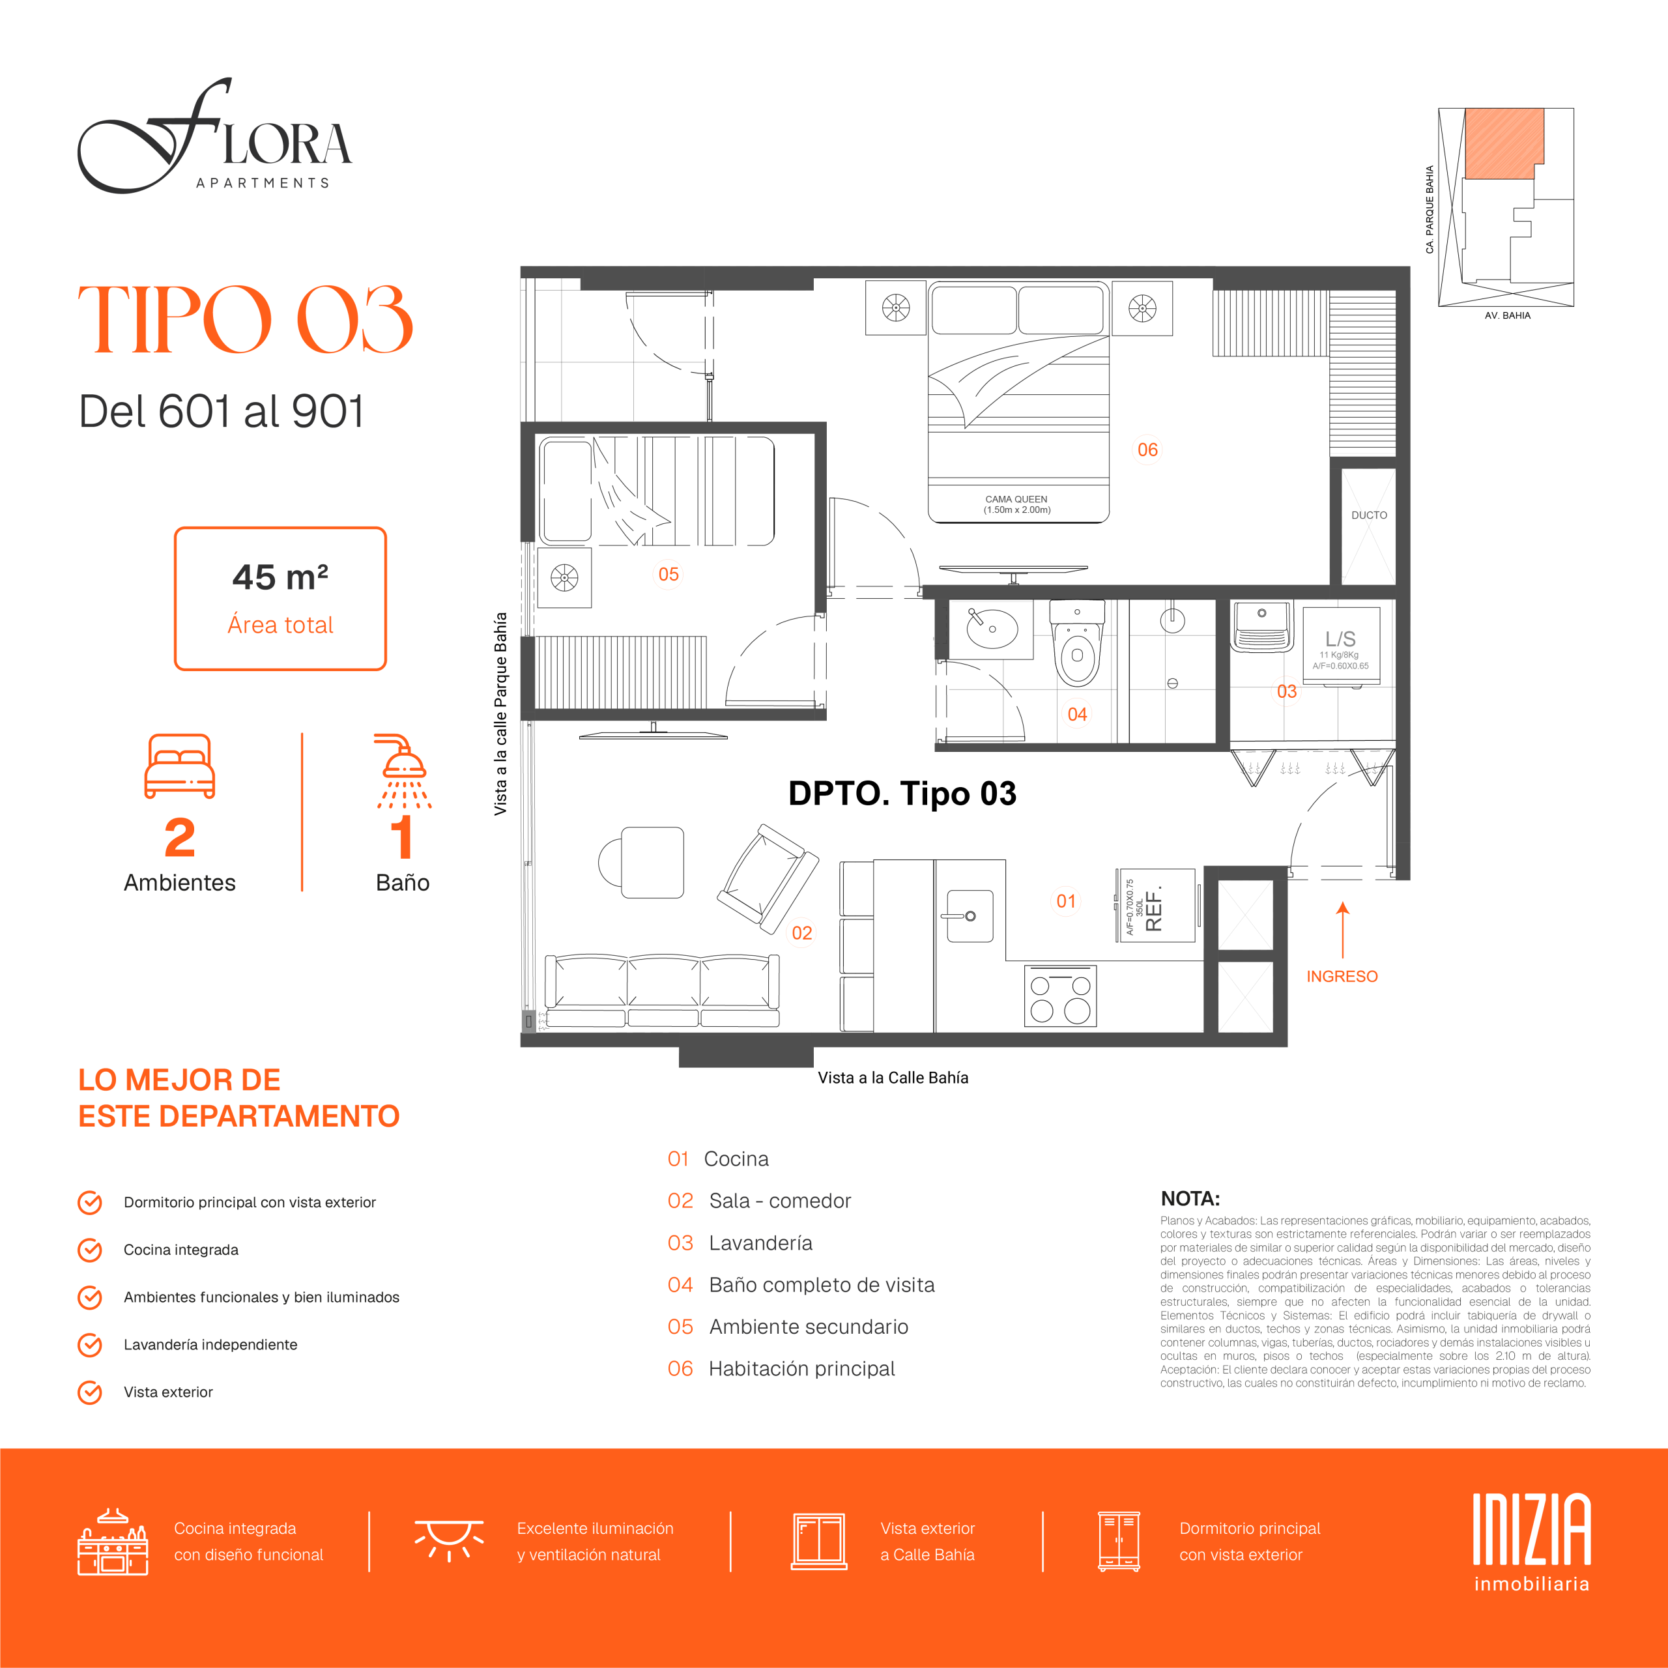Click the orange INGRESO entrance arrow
click(1342, 930)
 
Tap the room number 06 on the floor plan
click(1147, 450)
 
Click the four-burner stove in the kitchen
click(1060, 996)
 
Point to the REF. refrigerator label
click(1153, 906)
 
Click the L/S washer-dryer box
click(1341, 646)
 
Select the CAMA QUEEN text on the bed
click(1016, 499)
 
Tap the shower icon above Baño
click(404, 771)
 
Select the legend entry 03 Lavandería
click(740, 1243)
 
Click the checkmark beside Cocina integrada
click(90, 1250)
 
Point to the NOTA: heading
click(1190, 1198)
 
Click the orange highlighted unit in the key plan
click(1504, 143)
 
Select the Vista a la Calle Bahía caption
click(893, 1078)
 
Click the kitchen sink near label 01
click(970, 915)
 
